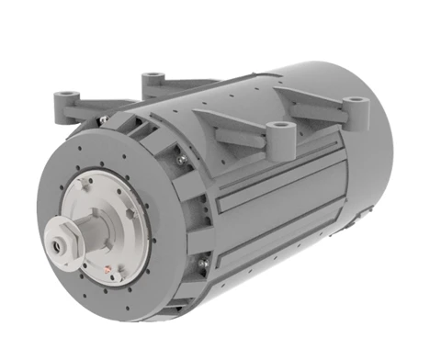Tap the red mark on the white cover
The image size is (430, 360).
110,270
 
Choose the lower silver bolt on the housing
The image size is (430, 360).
200,266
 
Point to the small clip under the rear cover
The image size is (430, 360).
341,265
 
